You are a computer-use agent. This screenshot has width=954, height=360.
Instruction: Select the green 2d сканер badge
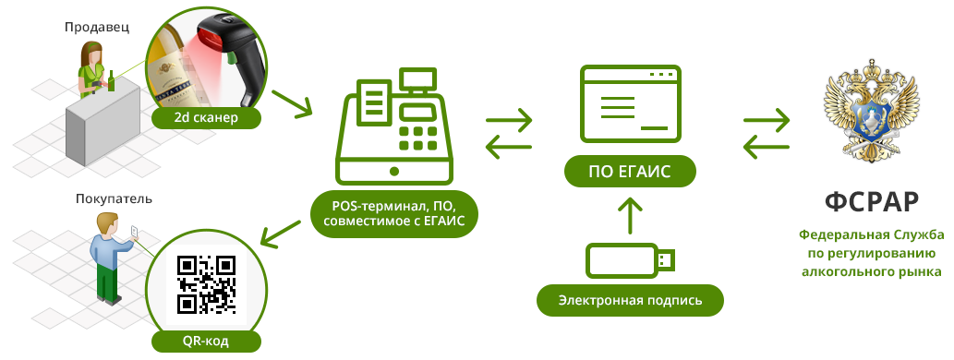tap(205, 118)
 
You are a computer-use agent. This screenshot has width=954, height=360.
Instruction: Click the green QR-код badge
tap(204, 342)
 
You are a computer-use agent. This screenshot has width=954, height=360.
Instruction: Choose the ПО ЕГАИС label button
tap(630, 171)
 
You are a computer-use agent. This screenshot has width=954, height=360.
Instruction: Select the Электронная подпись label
tap(630, 300)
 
